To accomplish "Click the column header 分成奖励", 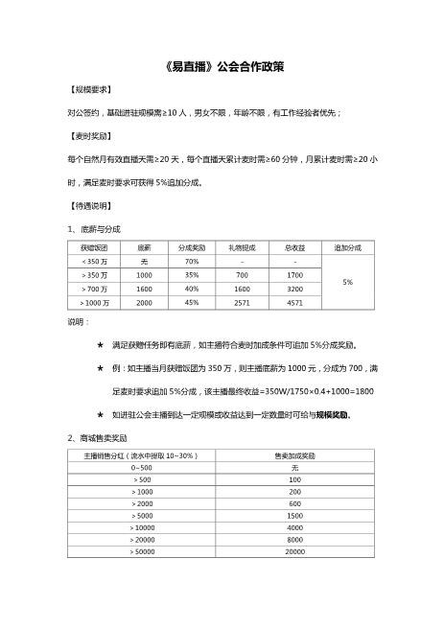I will coord(192,247).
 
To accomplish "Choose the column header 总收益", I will coord(295,247).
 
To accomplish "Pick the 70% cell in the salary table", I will coord(192,261).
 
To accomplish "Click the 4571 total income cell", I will coord(295,302).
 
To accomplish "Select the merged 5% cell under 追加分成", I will coord(347,282).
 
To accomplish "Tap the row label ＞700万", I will coord(95,289).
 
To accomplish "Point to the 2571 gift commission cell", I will coord(243,302).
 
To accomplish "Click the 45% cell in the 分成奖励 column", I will coord(192,302).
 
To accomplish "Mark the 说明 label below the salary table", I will coord(77,322).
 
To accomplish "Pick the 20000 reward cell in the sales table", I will coord(295,552).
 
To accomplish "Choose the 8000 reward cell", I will coord(295,540).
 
